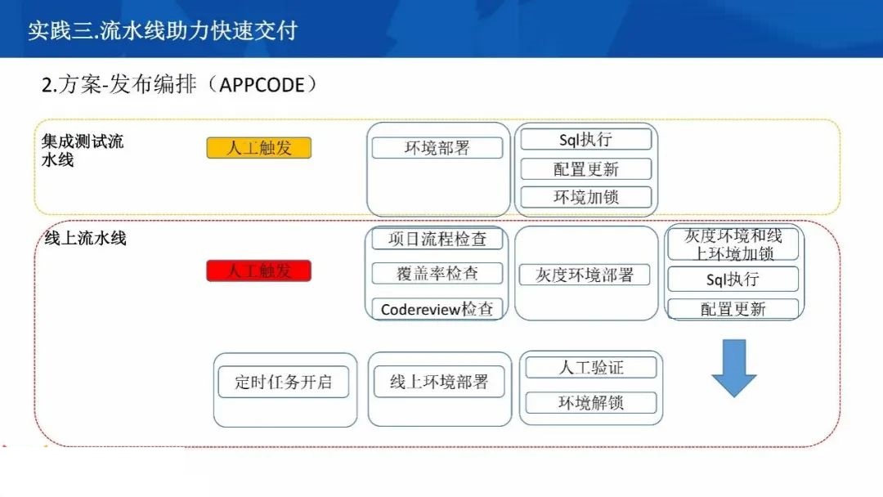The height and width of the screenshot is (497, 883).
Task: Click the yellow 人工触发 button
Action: (259, 148)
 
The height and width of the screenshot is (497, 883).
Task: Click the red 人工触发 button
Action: (259, 271)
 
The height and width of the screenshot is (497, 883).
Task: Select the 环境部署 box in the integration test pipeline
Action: (437, 148)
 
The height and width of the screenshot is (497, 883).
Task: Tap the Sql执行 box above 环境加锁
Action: (585, 140)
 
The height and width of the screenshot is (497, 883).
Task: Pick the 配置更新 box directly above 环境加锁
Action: (585, 169)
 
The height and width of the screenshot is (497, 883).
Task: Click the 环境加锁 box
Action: (585, 197)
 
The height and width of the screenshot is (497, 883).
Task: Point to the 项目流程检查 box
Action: (437, 239)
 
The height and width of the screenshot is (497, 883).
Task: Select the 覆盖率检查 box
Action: (437, 274)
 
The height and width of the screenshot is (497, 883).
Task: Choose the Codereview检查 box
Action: (437, 308)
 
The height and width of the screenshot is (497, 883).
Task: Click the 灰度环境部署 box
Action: (585, 275)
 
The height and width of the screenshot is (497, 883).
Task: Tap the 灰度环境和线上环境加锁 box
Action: (733, 244)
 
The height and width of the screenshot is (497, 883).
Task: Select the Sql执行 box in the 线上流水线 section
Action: (733, 280)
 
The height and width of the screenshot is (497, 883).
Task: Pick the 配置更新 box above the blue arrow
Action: (733, 308)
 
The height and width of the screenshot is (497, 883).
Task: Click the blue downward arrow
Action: (733, 368)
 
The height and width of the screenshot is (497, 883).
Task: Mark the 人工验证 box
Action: (591, 368)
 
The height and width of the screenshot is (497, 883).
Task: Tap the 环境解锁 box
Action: (591, 402)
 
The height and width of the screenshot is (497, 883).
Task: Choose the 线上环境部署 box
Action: (439, 383)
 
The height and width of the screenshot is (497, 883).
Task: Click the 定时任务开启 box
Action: (283, 383)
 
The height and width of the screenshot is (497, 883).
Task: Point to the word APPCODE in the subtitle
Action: (262, 85)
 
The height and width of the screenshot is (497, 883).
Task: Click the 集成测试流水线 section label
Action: (83, 150)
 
